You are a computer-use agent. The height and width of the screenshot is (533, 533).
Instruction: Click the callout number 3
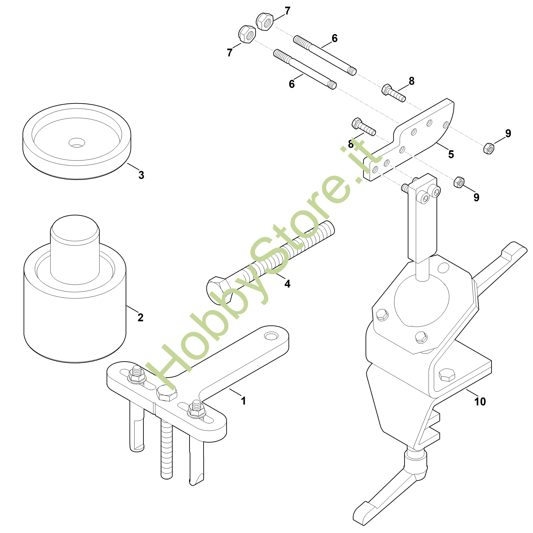(141, 175)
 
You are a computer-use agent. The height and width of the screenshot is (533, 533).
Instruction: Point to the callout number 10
(480, 401)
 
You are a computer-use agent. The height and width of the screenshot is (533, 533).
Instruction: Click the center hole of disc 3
(77, 142)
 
